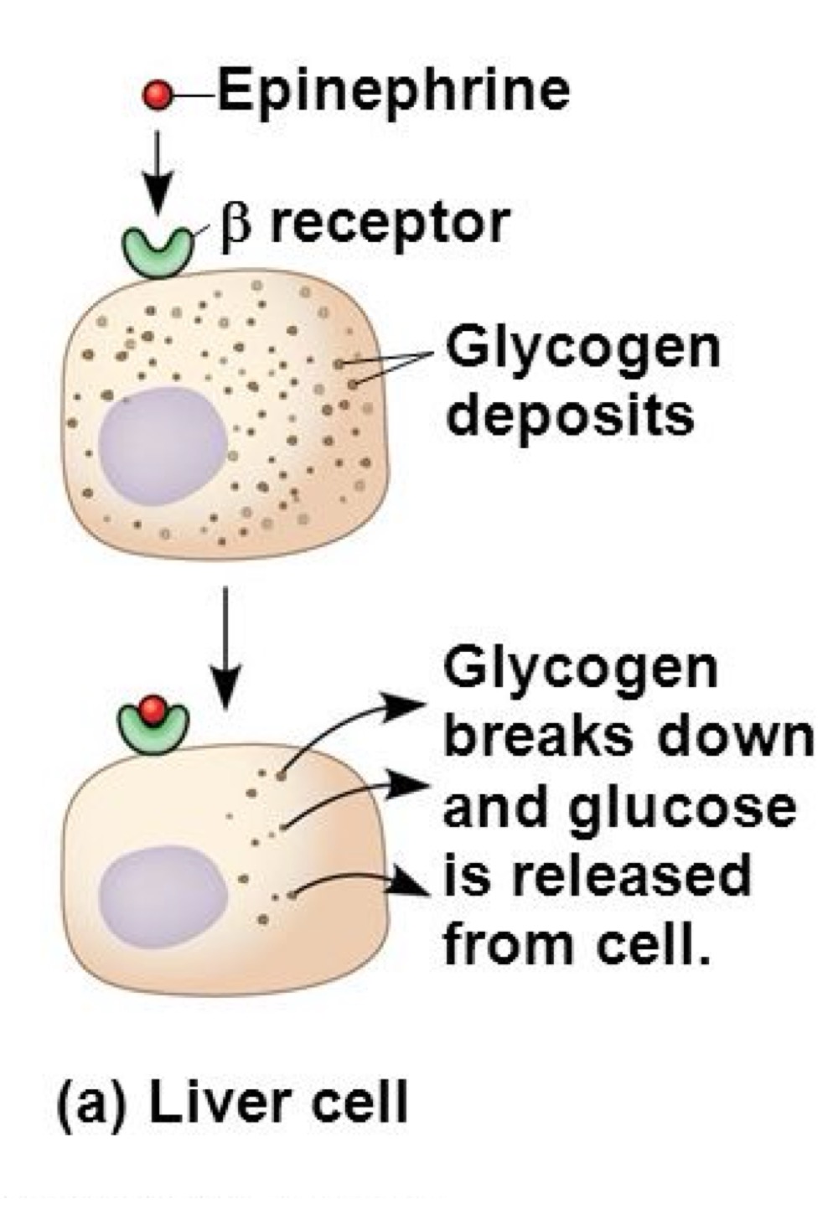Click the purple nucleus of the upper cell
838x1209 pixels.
click(x=163, y=445)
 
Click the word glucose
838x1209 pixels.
click(x=682, y=807)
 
